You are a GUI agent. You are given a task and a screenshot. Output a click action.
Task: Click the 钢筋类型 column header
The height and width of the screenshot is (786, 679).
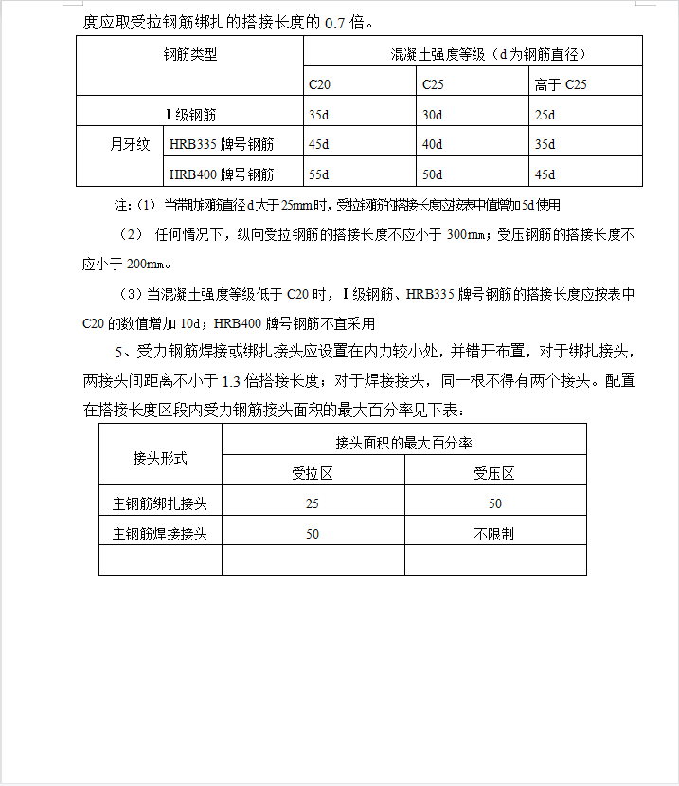[x=190, y=55]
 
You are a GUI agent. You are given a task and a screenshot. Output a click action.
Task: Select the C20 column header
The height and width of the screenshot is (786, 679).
[x=319, y=85]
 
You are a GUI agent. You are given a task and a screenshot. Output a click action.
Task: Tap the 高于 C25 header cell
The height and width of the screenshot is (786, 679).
[x=561, y=85]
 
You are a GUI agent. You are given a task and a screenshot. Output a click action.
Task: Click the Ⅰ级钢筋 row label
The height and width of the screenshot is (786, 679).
[x=191, y=115]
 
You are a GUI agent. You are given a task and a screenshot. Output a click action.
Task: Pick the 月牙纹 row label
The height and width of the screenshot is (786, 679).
[x=130, y=145]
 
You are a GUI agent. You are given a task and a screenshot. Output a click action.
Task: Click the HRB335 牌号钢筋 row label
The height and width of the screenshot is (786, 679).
[x=222, y=145]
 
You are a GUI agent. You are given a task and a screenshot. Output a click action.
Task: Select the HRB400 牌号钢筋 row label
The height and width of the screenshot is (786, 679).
[x=222, y=174]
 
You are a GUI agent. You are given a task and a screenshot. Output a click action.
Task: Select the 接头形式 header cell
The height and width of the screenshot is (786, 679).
[x=160, y=458]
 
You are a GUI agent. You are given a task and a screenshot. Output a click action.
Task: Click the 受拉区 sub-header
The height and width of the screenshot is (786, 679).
[x=313, y=474]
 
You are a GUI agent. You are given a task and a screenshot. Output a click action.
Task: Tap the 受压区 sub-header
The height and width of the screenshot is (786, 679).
[x=494, y=474]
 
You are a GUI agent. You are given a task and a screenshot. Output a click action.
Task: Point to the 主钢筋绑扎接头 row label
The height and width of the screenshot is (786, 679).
[x=160, y=503]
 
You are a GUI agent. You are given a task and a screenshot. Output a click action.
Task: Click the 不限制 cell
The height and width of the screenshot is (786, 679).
[x=494, y=534]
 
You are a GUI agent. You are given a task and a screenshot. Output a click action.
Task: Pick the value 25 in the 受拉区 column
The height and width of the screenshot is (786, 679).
[x=313, y=503]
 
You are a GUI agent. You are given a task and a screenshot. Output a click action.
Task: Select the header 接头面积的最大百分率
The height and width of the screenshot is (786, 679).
[x=403, y=443]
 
